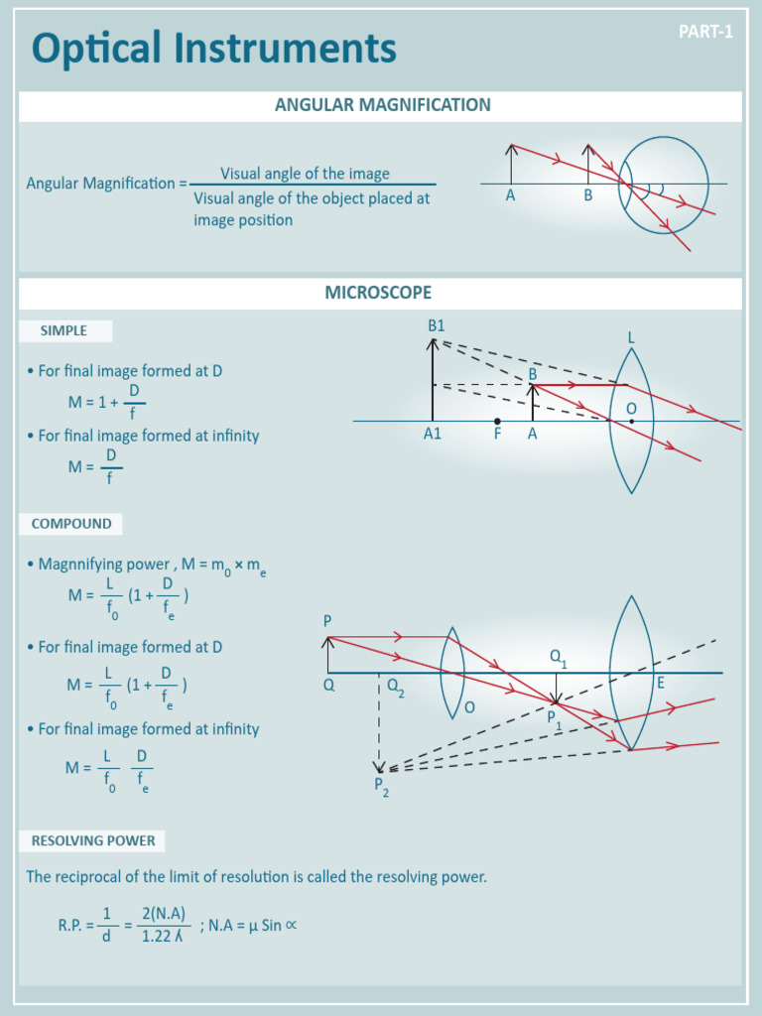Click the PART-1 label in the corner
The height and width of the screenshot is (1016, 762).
click(705, 32)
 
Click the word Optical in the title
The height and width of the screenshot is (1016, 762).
click(96, 48)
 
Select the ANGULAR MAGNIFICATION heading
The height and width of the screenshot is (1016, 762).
click(382, 105)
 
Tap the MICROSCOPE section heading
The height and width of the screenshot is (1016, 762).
click(378, 293)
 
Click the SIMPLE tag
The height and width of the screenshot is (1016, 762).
click(63, 330)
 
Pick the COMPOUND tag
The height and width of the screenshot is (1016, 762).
click(71, 523)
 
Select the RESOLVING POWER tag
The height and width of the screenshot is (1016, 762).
click(93, 840)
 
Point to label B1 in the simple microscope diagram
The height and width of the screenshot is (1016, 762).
click(437, 325)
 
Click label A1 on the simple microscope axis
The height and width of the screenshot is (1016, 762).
click(433, 434)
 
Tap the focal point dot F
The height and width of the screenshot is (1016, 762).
click(497, 422)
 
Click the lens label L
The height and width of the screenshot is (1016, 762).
click(630, 338)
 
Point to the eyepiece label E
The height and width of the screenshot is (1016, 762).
click(660, 684)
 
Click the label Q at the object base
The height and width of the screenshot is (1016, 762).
click(329, 685)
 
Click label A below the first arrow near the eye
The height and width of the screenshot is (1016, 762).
click(510, 196)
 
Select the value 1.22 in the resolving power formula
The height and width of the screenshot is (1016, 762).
click(157, 936)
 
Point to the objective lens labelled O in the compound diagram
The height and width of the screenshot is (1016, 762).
click(452, 672)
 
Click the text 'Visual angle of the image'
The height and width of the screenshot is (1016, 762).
click(305, 174)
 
